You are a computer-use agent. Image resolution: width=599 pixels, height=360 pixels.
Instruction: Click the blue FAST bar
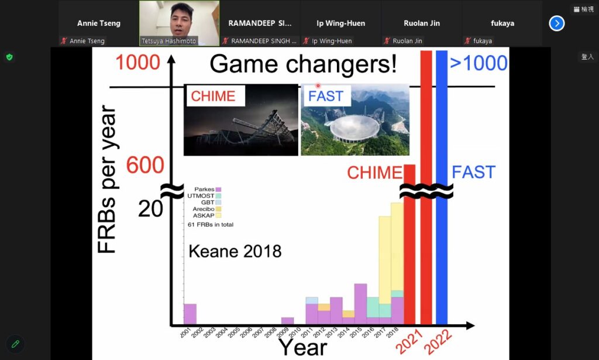click(442, 187)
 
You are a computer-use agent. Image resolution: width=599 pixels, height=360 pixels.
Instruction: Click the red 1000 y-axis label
click(137, 62)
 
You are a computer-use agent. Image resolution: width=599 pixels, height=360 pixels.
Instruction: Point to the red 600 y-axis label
click(145, 165)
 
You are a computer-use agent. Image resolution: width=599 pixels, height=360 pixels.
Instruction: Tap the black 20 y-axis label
click(150, 208)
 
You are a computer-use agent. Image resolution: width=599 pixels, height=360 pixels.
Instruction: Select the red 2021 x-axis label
click(409, 341)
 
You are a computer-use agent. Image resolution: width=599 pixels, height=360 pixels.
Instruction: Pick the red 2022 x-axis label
click(438, 341)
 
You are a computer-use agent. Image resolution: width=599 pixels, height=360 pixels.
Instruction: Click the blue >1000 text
click(478, 63)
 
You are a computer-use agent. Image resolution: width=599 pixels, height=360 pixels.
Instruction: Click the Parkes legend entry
click(208, 189)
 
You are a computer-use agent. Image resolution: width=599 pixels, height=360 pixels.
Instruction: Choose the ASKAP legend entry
click(206, 215)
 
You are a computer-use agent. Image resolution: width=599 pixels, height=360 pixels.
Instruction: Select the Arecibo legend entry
click(206, 209)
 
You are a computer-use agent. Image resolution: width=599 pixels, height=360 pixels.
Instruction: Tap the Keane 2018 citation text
click(235, 252)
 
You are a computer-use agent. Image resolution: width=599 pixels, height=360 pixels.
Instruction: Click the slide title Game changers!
click(304, 64)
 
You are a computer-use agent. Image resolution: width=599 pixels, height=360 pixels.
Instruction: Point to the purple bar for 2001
click(190, 314)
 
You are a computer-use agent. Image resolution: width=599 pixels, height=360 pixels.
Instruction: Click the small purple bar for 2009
click(287, 321)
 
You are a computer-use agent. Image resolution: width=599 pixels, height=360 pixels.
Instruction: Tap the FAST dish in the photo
click(354, 128)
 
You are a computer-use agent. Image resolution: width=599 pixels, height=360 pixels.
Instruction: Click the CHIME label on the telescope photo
click(213, 96)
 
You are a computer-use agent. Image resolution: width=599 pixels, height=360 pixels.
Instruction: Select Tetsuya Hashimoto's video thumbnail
click(179, 23)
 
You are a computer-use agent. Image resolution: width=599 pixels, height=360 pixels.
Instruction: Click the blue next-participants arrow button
click(557, 23)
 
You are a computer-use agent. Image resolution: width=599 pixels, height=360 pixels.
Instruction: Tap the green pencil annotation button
click(15, 344)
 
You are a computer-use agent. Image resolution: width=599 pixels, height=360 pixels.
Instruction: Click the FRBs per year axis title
click(106, 179)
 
